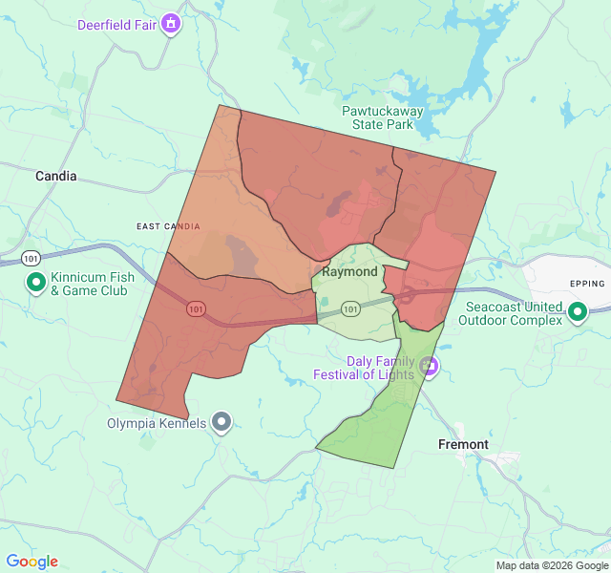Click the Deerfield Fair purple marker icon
[x=171, y=23]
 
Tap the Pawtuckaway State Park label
[x=383, y=117]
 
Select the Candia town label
[x=56, y=176]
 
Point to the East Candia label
[x=168, y=226]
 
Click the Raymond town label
[x=349, y=271]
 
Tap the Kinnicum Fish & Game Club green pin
[x=36, y=282]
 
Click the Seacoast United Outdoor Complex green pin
[x=577, y=311]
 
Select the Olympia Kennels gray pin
[x=222, y=421]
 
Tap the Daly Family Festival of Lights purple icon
[x=429, y=364]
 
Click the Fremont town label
[x=463, y=444]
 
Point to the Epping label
[x=587, y=284]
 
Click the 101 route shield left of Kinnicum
[x=32, y=258]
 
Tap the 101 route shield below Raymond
[x=350, y=308]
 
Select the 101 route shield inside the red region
[x=196, y=308]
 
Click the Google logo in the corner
[x=32, y=562]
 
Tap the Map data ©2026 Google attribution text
[x=552, y=565]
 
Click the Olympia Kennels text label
[x=156, y=423]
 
